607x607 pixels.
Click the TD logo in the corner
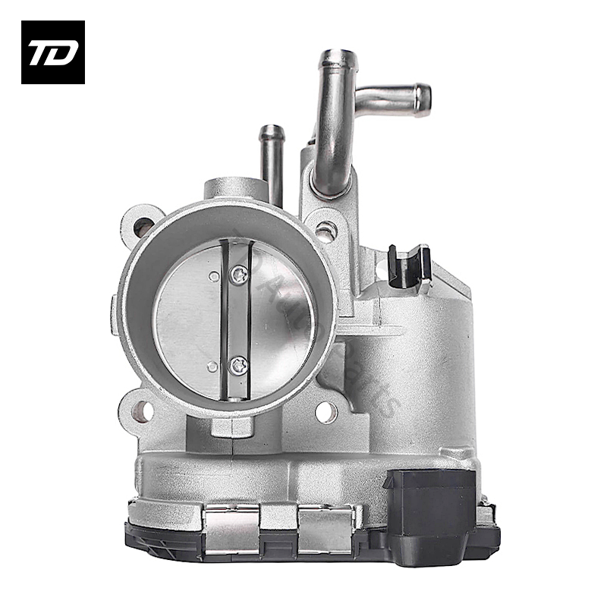point(52,52)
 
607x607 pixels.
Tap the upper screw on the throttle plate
point(240,275)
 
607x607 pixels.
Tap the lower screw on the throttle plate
point(240,366)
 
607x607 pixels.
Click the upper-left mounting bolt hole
point(142,225)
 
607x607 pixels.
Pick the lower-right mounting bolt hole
point(326,412)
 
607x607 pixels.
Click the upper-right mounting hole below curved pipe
point(325,230)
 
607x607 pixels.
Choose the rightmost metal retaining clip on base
point(327,528)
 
